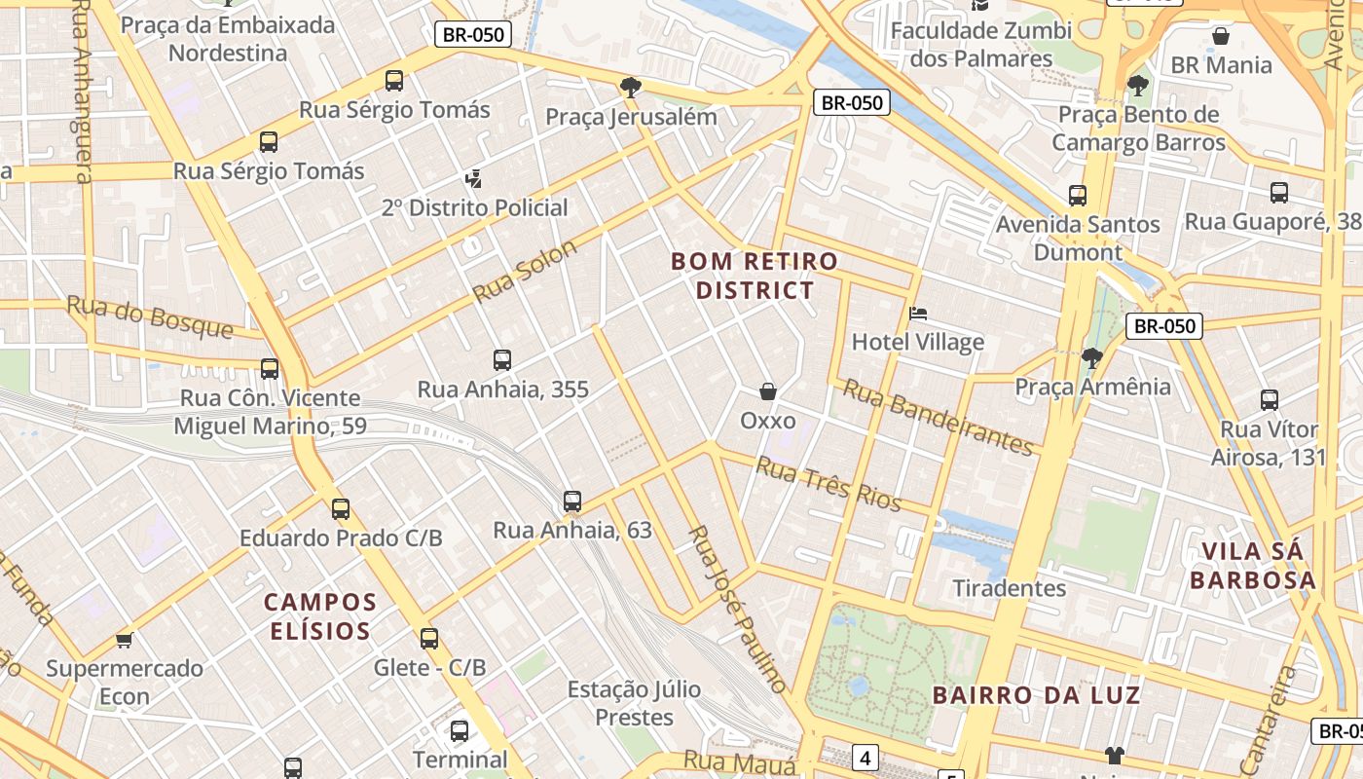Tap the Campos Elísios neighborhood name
pos(320,616)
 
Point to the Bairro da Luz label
pos(1036,695)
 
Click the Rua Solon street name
pos(525,271)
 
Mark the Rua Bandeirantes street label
pos(937,417)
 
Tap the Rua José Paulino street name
pos(736,609)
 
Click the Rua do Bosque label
pos(150,317)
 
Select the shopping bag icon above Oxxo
pos(768,391)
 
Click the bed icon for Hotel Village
pos(917,314)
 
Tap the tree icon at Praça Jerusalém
pos(631,88)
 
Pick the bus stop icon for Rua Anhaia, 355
pos(502,360)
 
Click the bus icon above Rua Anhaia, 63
pos(572,501)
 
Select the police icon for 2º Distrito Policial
pos(474,178)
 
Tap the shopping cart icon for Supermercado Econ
pos(124,640)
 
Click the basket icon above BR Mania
pos(1221,37)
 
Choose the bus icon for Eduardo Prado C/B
pos(341,508)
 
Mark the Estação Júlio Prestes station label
pos(634,703)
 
